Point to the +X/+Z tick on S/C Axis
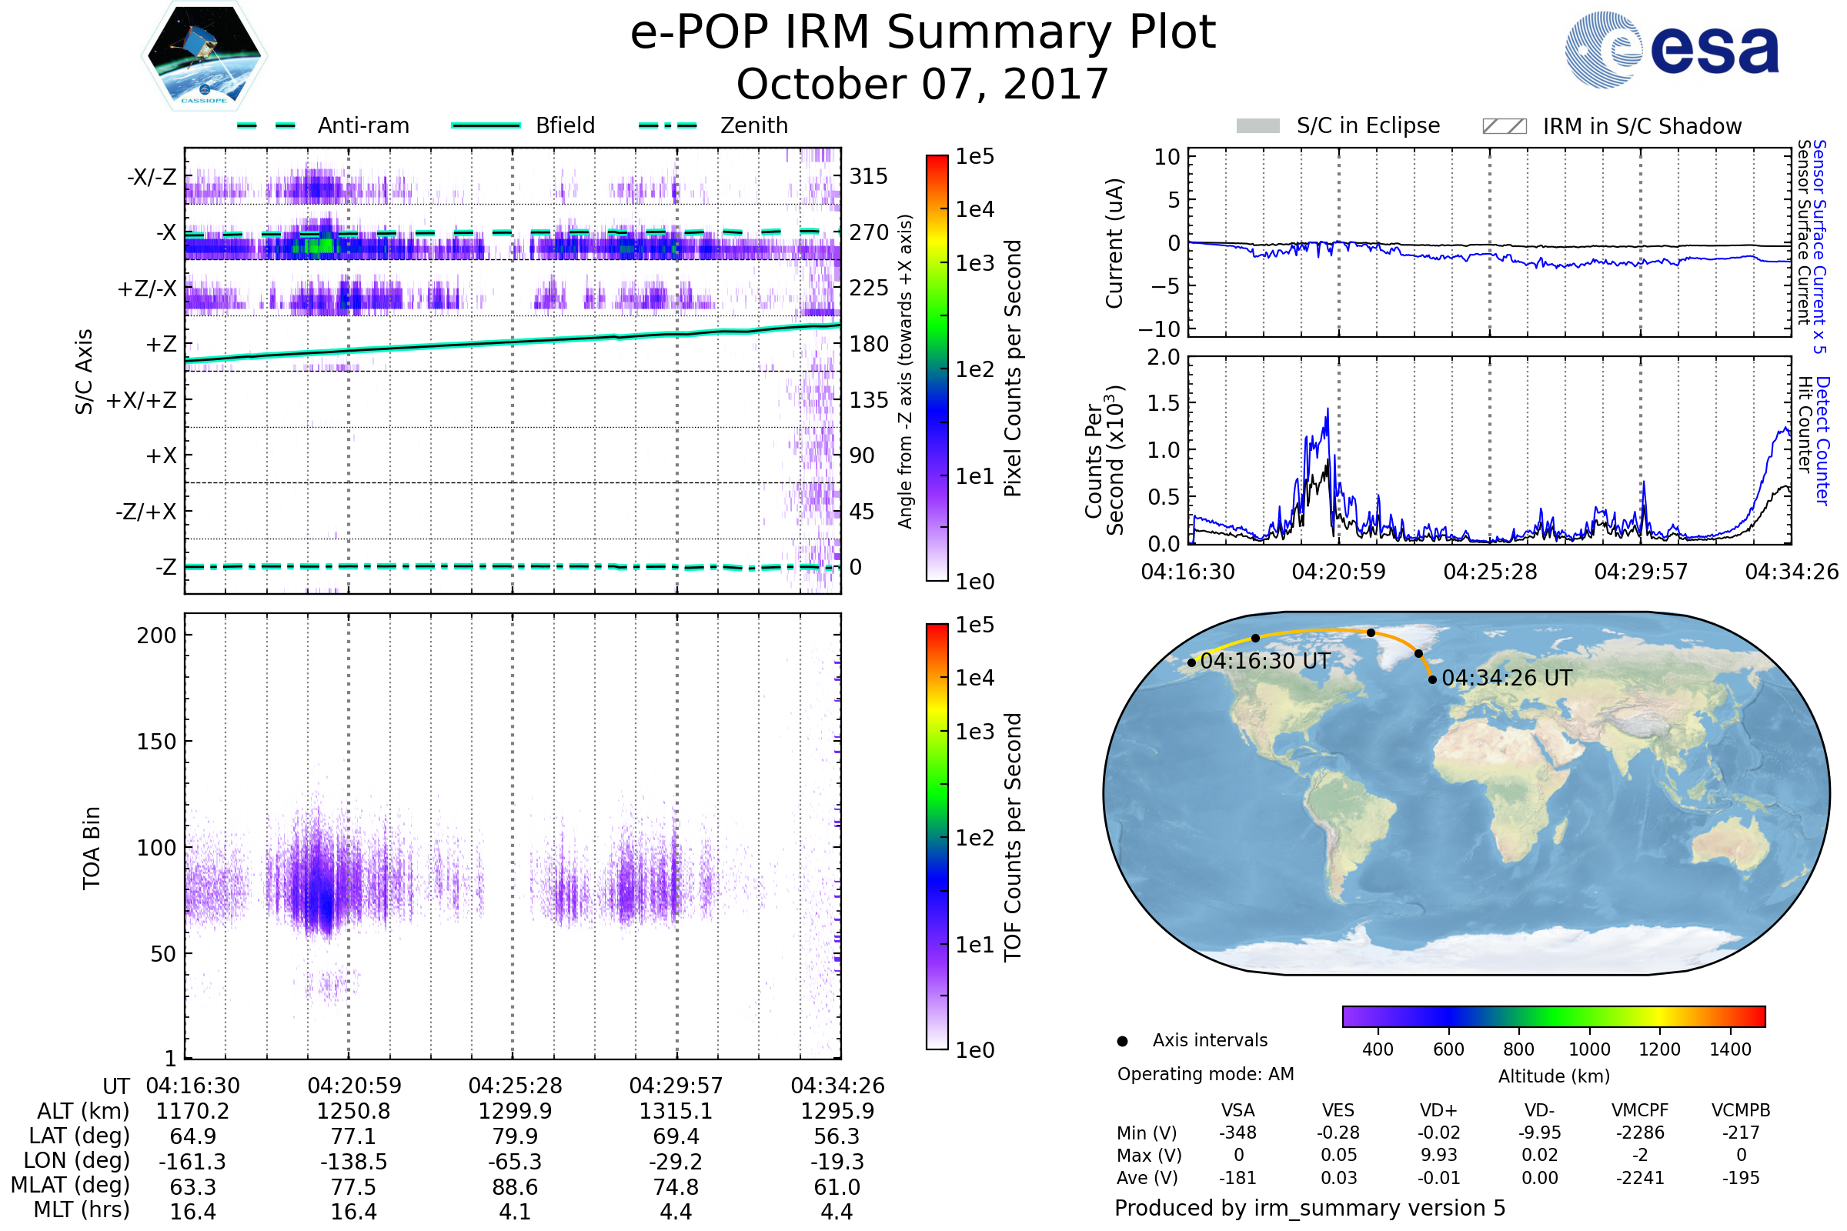tap(142, 400)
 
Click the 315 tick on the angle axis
tap(869, 176)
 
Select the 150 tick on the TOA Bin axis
tap(156, 742)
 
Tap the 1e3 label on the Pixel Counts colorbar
tap(974, 264)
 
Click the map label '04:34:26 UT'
tap(1507, 678)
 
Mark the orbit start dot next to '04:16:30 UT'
tap(1191, 662)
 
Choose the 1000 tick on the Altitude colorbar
tap(1588, 1049)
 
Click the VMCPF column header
tap(1640, 1111)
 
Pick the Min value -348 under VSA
tap(1237, 1133)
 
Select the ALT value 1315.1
tap(676, 1111)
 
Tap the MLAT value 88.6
tap(514, 1187)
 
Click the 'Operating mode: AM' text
tap(1205, 1074)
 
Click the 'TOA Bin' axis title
tap(91, 848)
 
